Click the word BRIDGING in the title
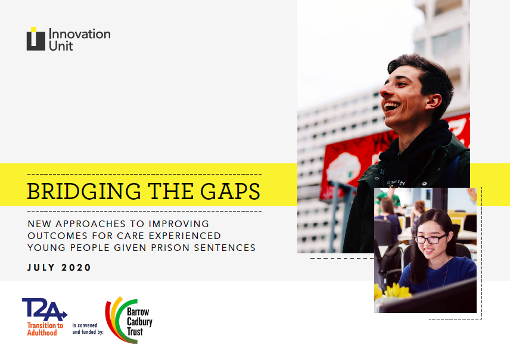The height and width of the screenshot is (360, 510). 84,191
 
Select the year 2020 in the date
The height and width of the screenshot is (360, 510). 76,268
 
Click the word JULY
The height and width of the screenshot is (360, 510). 41,268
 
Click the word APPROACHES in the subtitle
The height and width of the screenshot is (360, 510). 91,224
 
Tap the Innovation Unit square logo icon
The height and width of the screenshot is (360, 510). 36,39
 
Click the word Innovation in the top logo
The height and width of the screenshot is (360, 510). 80,34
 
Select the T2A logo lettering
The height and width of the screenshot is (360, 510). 45,309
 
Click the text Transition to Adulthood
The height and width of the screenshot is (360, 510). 45,329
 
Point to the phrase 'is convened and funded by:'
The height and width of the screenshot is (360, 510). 88,329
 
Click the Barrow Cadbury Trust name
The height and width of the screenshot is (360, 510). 139,322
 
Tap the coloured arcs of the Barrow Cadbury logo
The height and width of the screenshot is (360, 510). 117,321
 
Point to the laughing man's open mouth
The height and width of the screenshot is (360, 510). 391,107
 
